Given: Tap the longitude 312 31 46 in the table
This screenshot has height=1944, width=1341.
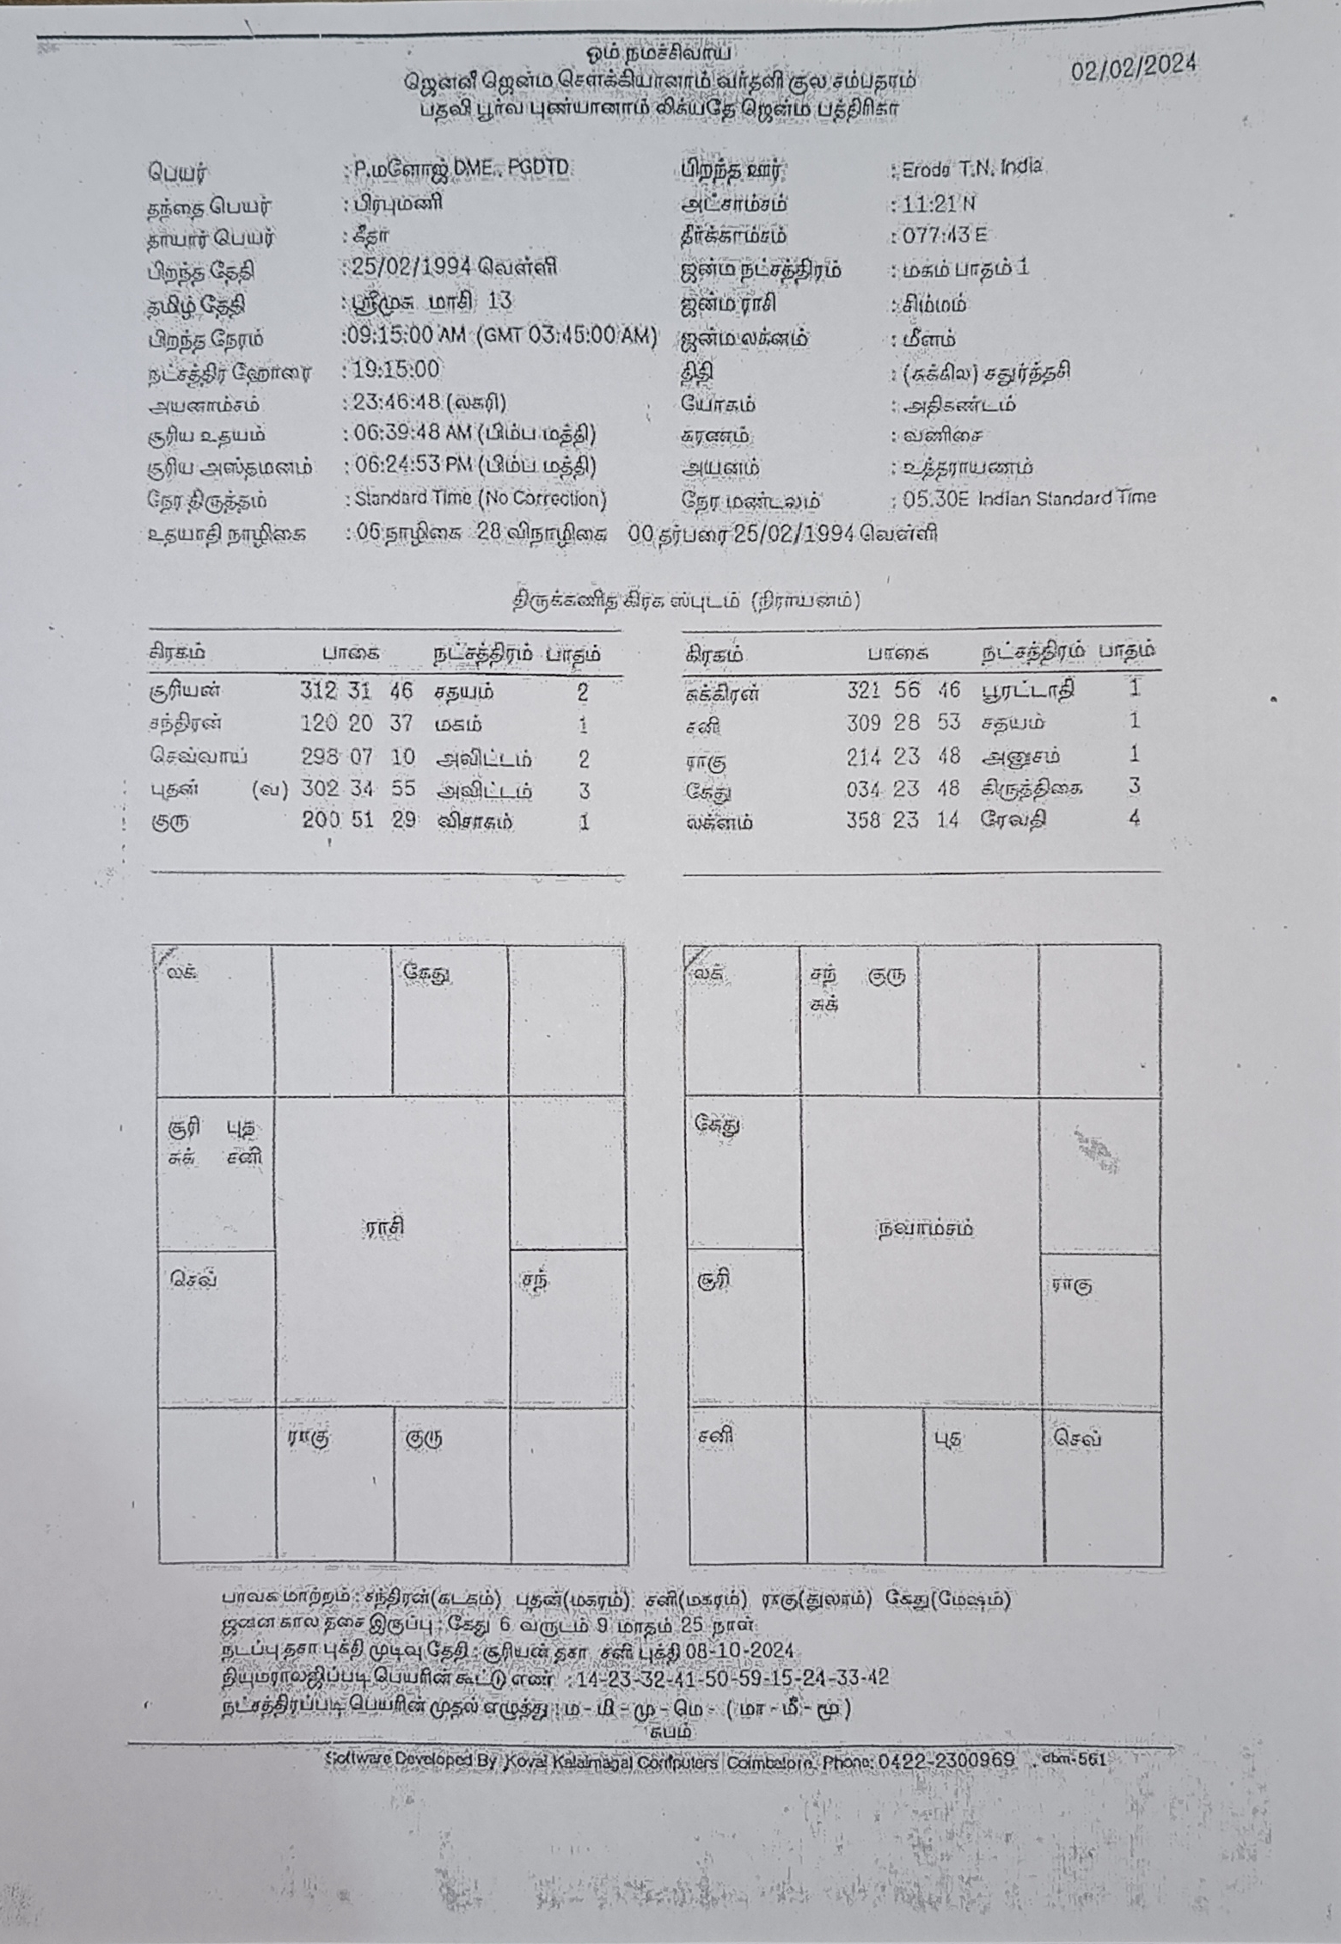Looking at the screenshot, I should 357,691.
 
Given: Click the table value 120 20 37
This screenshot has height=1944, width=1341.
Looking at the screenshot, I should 357,724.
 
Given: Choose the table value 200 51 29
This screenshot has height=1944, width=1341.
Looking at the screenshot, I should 358,821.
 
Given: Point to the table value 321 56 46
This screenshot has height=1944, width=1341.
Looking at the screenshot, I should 903,690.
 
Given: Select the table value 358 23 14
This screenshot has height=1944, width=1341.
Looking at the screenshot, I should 903,819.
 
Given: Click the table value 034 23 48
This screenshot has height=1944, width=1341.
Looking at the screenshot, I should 903,788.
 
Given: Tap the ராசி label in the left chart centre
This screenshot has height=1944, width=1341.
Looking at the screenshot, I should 383,1227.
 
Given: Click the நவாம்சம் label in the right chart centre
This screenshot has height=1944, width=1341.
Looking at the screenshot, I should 925,1228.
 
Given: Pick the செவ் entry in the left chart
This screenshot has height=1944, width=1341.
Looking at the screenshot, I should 193,1279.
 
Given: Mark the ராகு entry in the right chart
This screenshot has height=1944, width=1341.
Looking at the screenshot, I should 1072,1286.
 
